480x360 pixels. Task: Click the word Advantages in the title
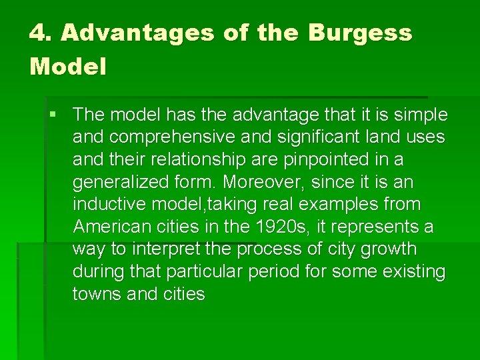click(137, 33)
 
